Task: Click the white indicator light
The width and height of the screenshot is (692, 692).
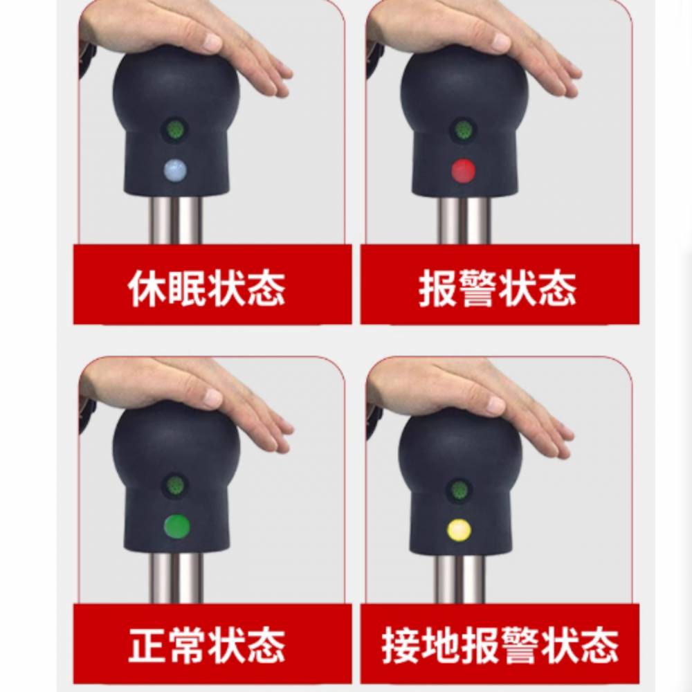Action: [x=175, y=170]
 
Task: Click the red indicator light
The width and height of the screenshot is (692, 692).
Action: [x=464, y=170]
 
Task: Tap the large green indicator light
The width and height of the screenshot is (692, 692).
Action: [x=177, y=527]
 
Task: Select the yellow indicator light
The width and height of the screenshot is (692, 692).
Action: [x=459, y=530]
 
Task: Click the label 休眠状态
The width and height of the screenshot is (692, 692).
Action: [x=206, y=289]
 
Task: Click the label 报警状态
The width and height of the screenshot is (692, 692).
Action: [x=498, y=289]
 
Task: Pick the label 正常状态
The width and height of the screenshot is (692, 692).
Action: [x=206, y=645]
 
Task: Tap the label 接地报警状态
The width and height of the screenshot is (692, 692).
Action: [x=500, y=645]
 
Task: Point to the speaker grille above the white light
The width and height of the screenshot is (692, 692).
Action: [x=176, y=130]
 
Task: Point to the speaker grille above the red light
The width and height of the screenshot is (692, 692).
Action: [x=464, y=130]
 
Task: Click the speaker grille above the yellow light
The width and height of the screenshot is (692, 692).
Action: [x=459, y=490]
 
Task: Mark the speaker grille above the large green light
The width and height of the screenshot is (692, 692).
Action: [x=176, y=486]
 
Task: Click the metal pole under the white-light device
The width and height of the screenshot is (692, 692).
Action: [x=175, y=219]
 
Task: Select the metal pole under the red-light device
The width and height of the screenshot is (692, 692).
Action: [x=463, y=220]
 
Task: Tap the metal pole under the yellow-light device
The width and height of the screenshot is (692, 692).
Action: [x=459, y=579]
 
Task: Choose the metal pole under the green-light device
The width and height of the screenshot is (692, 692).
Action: [x=175, y=577]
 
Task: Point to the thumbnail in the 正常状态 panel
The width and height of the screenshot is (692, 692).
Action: [x=212, y=480]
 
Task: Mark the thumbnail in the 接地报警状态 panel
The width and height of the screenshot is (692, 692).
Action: [x=500, y=480]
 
